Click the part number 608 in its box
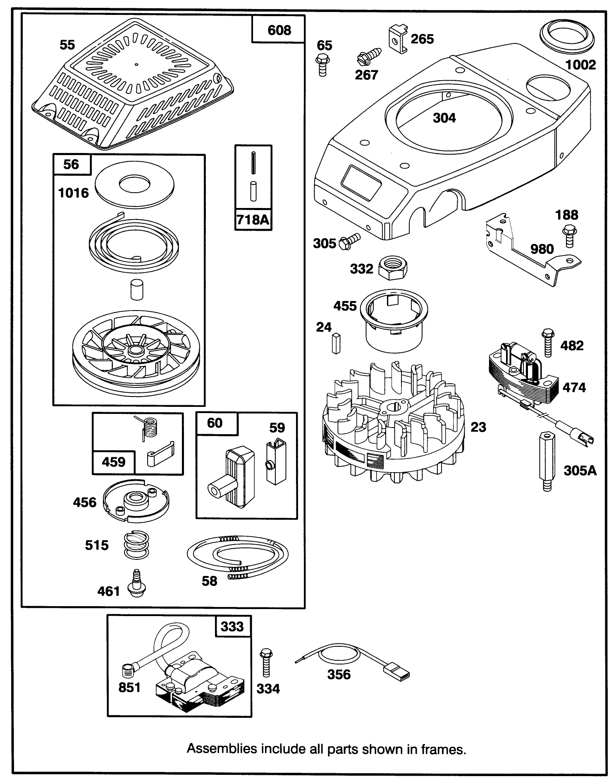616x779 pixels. (279, 30)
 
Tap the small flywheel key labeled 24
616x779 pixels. (336, 343)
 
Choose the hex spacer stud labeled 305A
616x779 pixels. (547, 461)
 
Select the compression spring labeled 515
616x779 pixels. (136, 545)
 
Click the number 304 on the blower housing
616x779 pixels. (444, 118)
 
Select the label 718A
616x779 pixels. (253, 220)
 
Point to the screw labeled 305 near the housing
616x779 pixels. (350, 241)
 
